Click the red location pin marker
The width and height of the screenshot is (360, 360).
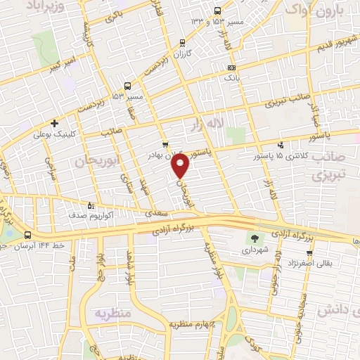pyautogui.click(x=181, y=167)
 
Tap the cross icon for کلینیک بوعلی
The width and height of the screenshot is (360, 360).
pyautogui.click(x=54, y=123)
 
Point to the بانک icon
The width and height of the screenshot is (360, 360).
pyautogui.click(x=231, y=67)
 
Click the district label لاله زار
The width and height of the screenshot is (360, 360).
pyautogui.click(x=207, y=124)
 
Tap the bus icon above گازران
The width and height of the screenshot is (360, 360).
pyautogui.click(x=184, y=42)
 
